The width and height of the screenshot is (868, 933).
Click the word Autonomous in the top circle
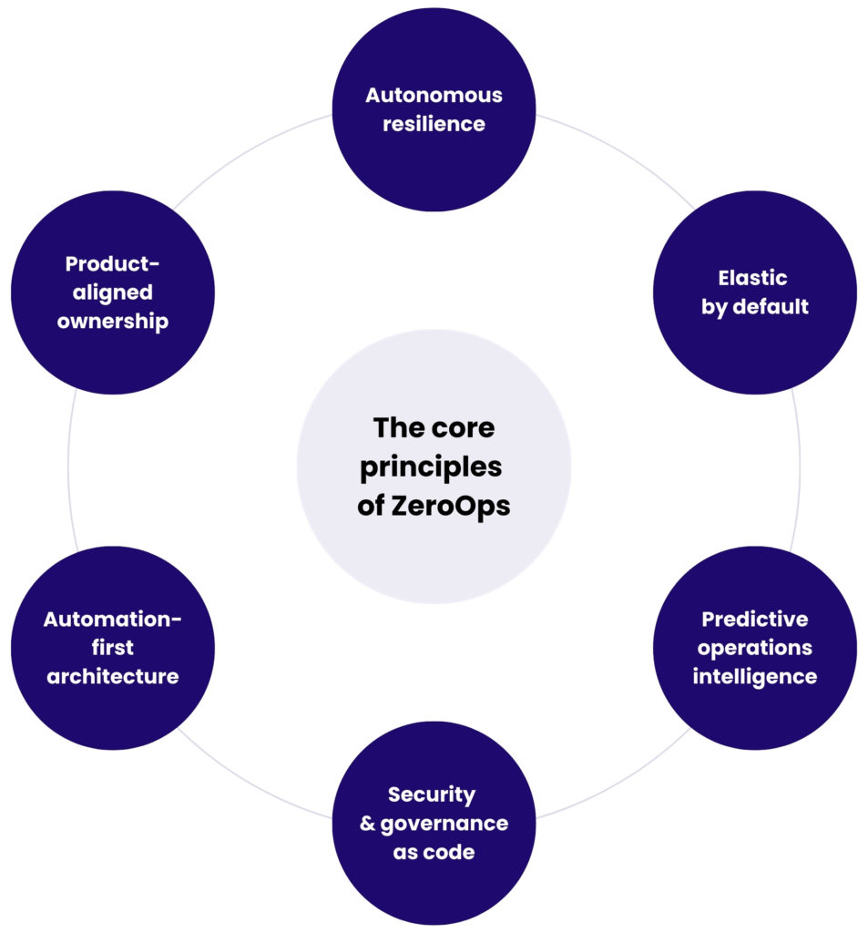(434, 95)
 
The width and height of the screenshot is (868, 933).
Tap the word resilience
(434, 124)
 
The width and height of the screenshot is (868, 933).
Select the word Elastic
(754, 277)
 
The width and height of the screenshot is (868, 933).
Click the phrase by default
(754, 306)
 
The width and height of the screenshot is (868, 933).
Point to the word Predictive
(754, 619)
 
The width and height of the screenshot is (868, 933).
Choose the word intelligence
(754, 677)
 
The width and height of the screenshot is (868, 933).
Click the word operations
(754, 648)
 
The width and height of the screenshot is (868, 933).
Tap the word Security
(432, 794)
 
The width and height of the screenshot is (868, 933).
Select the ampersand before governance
(368, 824)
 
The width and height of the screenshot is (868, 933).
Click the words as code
(434, 852)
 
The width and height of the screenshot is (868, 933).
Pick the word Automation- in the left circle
(112, 619)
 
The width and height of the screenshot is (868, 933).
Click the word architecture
(112, 677)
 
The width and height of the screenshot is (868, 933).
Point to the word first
(112, 648)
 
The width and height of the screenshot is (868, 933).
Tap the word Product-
(112, 263)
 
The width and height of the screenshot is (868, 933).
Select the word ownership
(112, 322)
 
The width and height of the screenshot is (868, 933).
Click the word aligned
(112, 292)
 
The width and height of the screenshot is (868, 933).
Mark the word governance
(445, 824)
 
